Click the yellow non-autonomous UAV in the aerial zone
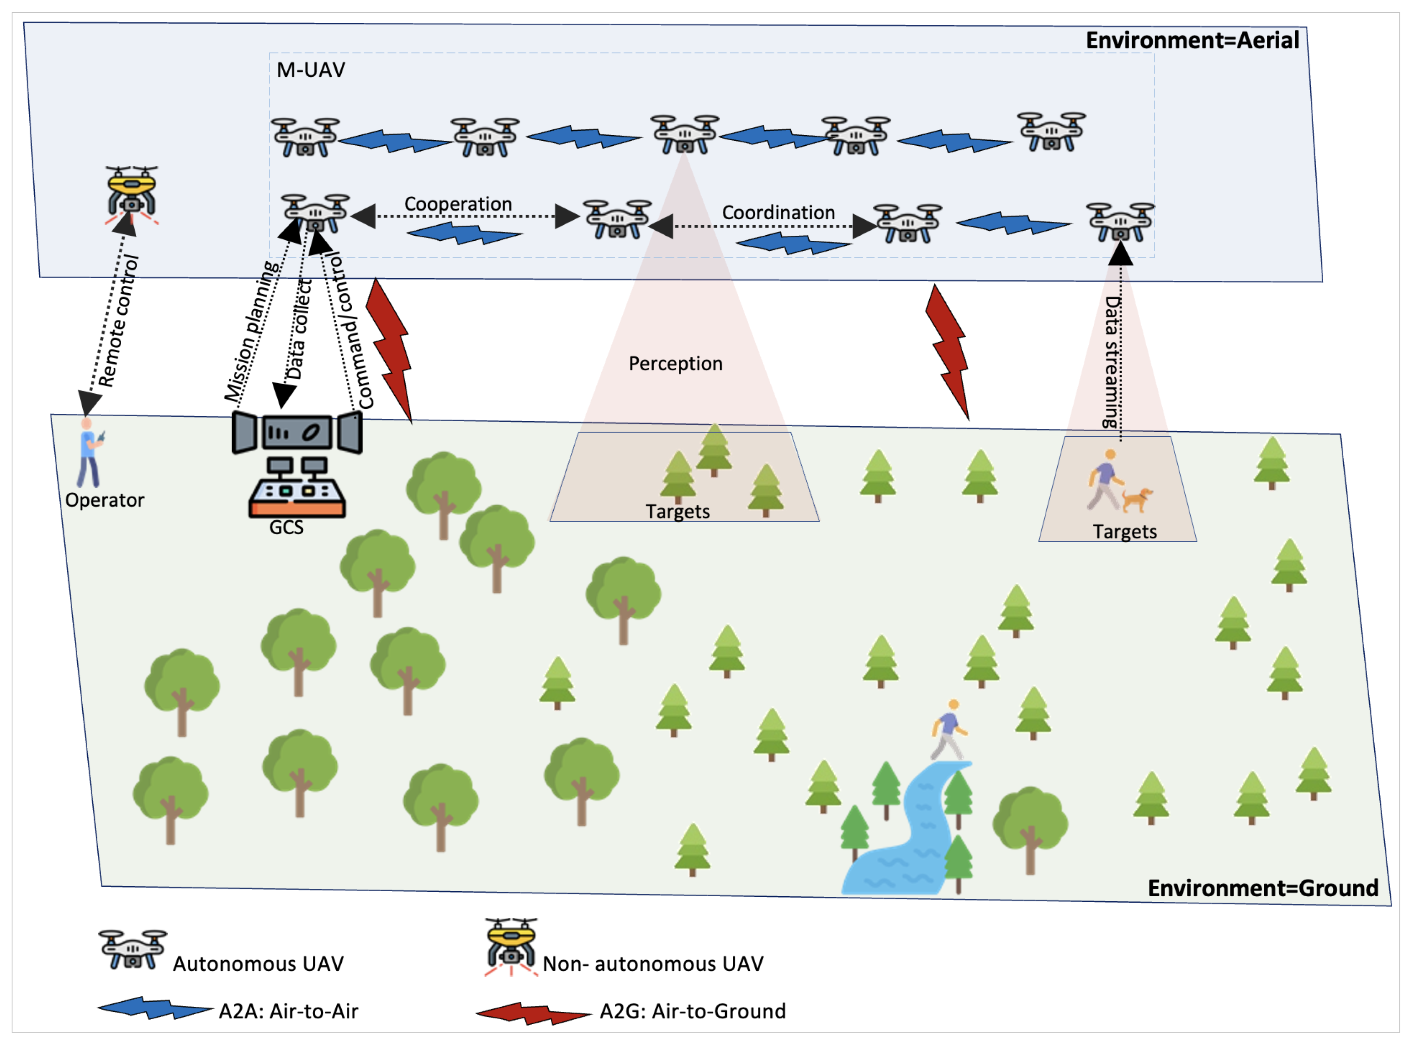131,192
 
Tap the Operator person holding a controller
89,453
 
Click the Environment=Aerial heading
1192,40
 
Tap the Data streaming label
1112,363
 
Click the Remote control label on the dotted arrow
118,321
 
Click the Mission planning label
251,331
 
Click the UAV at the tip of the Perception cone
684,134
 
